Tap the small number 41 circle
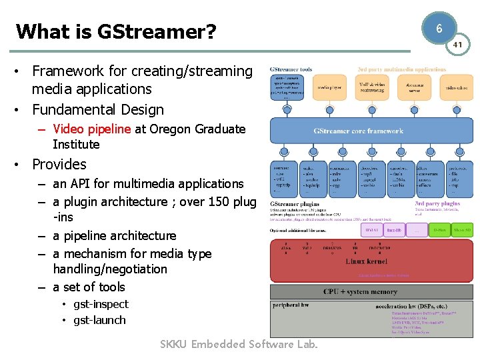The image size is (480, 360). click(457, 44)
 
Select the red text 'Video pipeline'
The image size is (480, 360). click(92, 129)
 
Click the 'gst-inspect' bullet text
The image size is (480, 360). click(101, 304)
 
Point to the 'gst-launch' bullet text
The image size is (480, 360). click(99, 320)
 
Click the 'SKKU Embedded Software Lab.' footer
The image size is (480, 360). click(239, 344)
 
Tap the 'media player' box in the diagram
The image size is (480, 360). click(329, 87)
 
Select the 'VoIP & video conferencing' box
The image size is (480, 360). click(370, 87)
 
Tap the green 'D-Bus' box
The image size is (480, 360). click(437, 231)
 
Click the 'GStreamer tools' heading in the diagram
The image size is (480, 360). click(291, 69)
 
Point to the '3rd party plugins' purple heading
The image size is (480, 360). click(437, 204)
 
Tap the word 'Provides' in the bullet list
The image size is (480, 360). click(59, 164)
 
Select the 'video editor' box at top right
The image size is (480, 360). click(456, 87)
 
